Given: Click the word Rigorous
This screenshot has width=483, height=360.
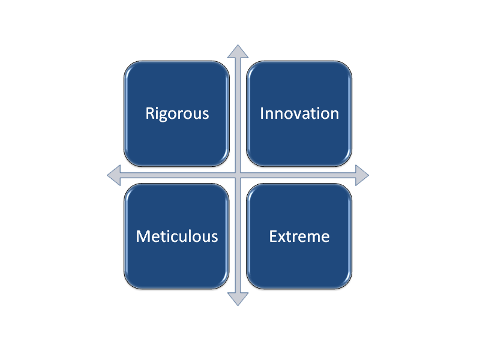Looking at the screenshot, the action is pos(177,113).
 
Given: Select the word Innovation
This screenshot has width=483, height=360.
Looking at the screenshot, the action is pos(299,113).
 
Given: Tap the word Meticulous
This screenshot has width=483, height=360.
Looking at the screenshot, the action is pos(177,236).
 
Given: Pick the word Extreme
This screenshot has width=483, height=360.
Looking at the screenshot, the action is pos(299,236).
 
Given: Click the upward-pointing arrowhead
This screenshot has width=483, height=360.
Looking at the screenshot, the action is pos(238,52).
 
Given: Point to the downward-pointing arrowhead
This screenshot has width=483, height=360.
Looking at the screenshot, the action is pos(238,299).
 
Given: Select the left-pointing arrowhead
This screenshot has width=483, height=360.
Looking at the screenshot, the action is pos(114,175).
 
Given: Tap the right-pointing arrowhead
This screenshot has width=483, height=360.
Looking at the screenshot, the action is pos(362,175).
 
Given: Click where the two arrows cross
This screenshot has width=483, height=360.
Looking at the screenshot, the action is pos(238,175).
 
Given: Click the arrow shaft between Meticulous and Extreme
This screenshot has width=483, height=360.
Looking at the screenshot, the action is pos(238,235).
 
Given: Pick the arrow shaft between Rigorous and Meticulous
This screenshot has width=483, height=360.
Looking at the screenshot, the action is pos(178,175).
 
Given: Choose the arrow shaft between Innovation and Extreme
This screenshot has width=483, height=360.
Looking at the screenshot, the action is pos(298,175).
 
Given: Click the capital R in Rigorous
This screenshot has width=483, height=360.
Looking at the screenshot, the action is pos(150,113).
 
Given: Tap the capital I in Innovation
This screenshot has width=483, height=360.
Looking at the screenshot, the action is pos(262,113).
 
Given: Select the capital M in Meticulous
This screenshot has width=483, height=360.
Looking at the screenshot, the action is pos(143,236).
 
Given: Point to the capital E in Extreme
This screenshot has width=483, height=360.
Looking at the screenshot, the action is pos(274,236).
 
